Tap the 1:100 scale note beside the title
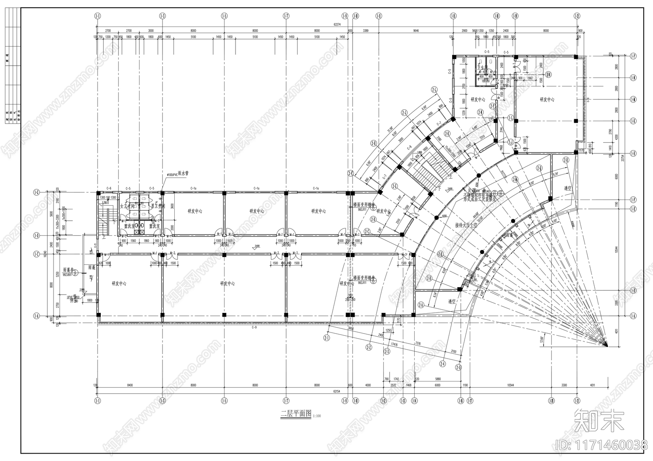click(x=317, y=416)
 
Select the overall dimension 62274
click(x=337, y=24)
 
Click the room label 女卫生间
click(x=125, y=206)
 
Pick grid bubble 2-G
click(x=395, y=186)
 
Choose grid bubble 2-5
click(x=458, y=368)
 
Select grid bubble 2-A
click(x=420, y=304)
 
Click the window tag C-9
click(x=254, y=328)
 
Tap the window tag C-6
click(x=109, y=188)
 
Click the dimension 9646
click(x=416, y=31)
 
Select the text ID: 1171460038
click(x=602, y=445)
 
